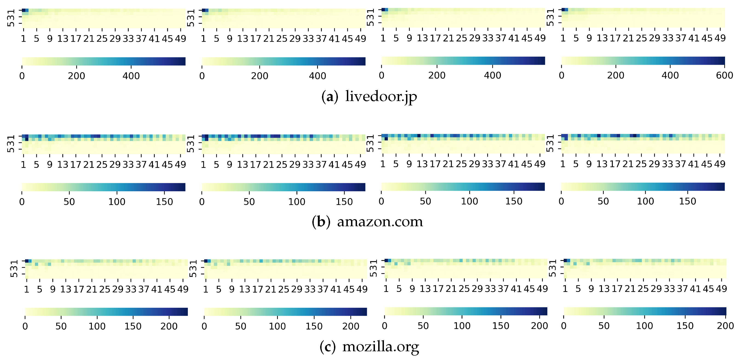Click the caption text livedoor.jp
point(381,96)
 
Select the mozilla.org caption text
point(381,347)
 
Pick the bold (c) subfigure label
point(328,347)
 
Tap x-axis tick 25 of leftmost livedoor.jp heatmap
point(102,38)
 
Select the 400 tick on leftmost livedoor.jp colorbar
point(131,76)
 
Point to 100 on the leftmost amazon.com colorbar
point(117,202)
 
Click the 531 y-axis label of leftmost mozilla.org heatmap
point(14,269)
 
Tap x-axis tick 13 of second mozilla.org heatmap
point(245,289)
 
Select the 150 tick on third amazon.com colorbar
point(514,201)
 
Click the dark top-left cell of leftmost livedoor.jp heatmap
point(23,10)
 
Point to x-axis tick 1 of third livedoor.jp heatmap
point(383,38)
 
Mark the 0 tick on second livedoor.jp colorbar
point(202,76)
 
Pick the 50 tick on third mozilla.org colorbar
point(423,326)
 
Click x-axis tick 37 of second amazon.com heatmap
point(321,165)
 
